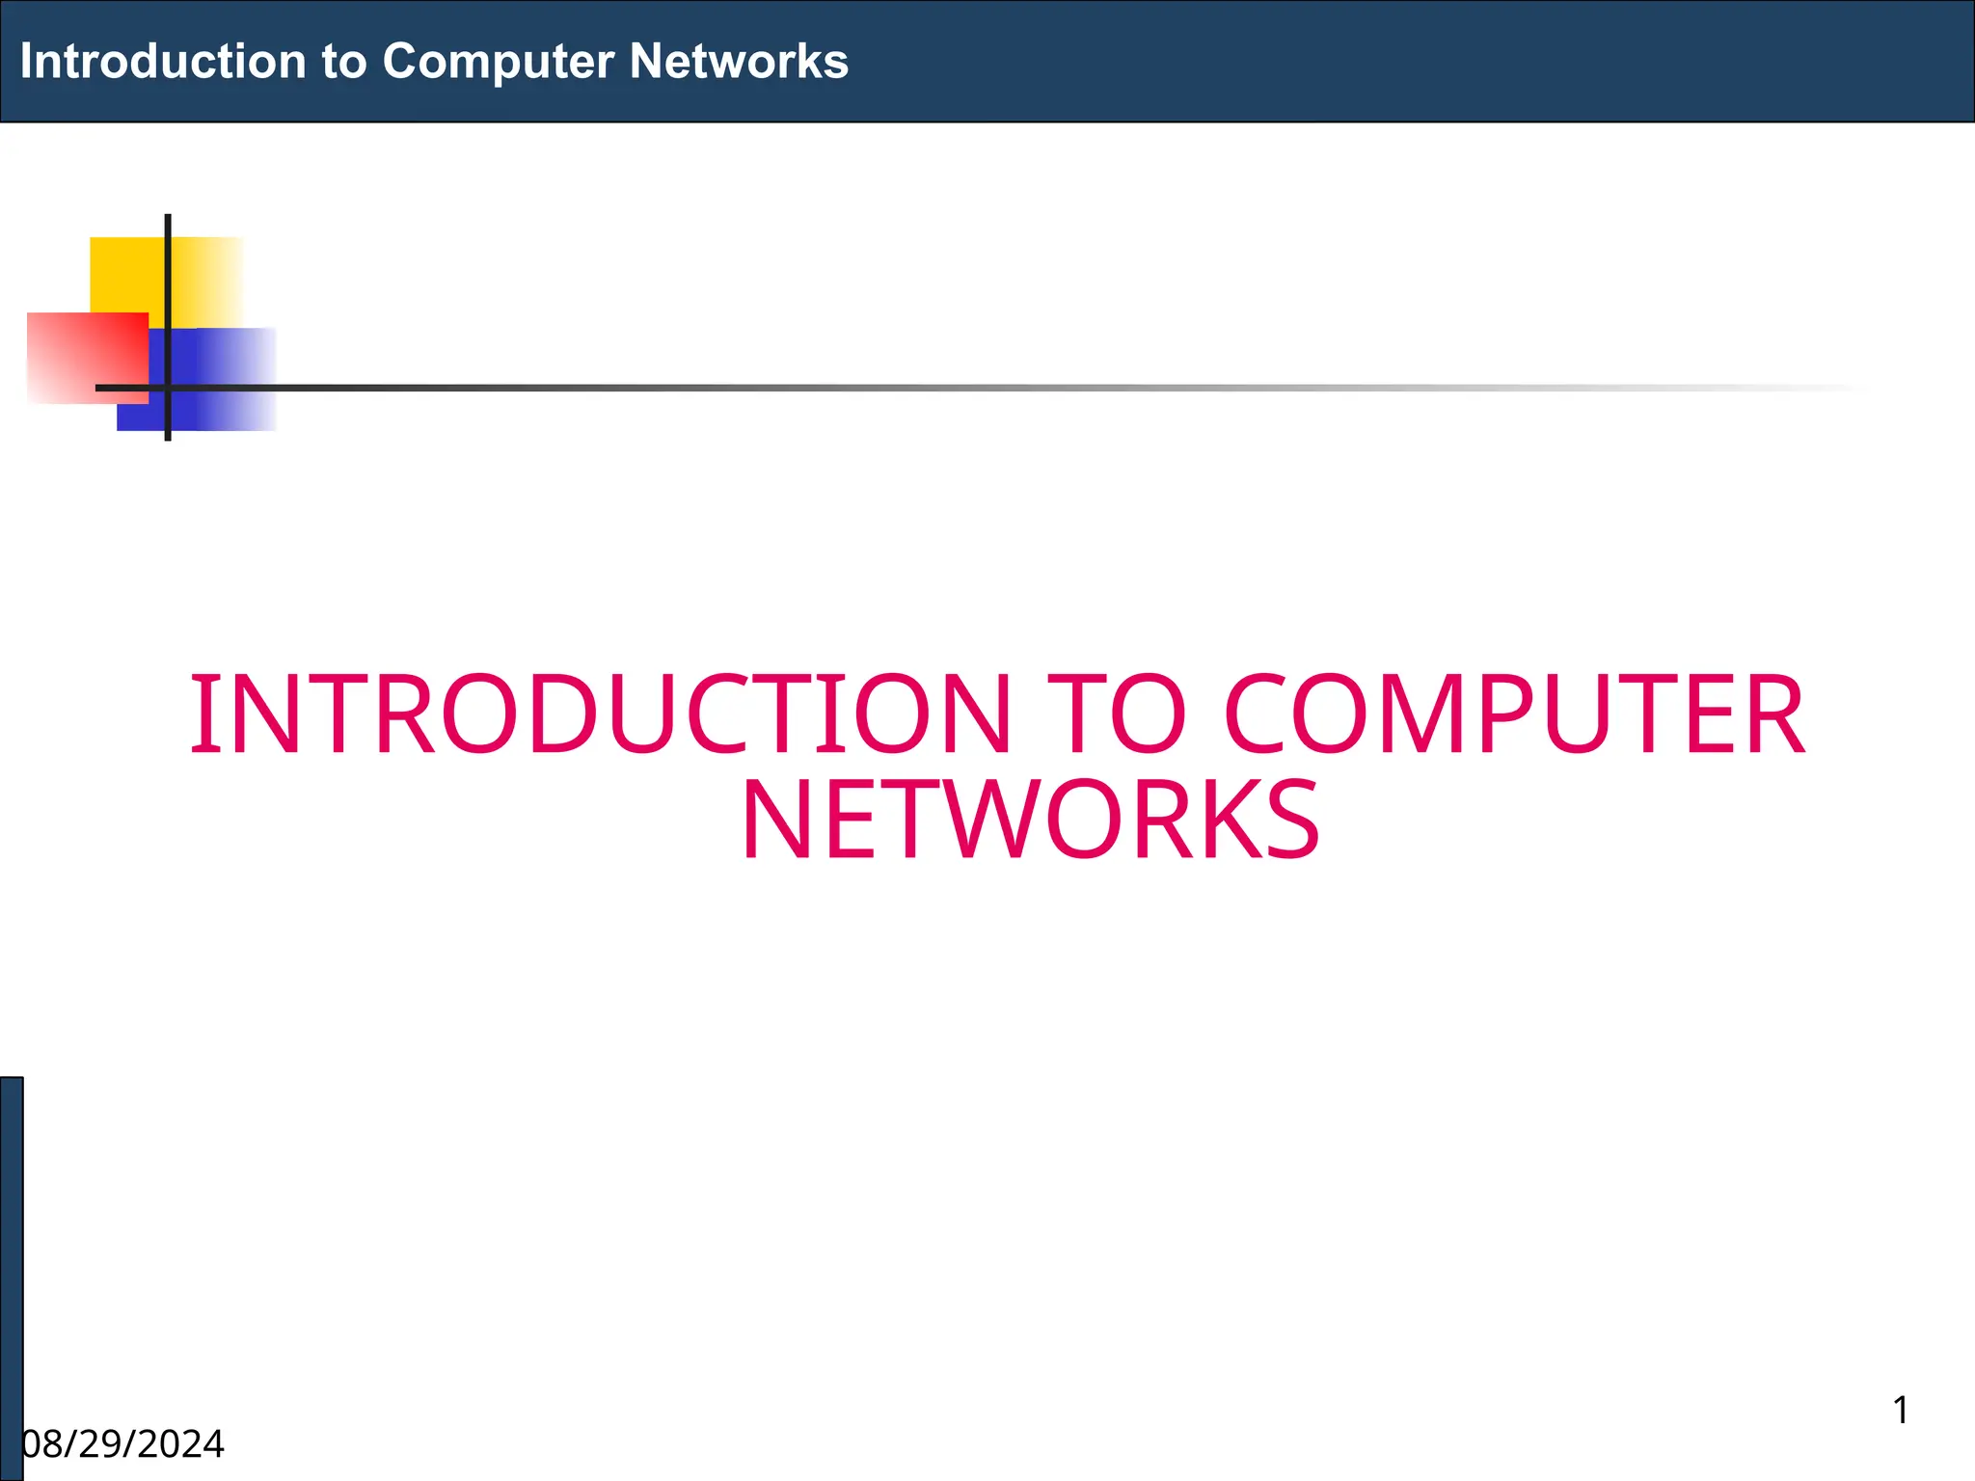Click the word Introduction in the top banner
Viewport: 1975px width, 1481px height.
click(162, 62)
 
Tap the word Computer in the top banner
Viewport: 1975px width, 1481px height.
click(498, 62)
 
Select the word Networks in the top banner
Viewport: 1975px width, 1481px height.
click(739, 62)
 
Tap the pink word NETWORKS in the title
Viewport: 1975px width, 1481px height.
click(1030, 821)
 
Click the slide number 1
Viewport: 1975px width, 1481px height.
click(1901, 1411)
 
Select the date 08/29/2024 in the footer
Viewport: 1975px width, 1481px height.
click(123, 1444)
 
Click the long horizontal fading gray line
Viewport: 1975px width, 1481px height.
click(964, 388)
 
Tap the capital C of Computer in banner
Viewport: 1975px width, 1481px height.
click(397, 62)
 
